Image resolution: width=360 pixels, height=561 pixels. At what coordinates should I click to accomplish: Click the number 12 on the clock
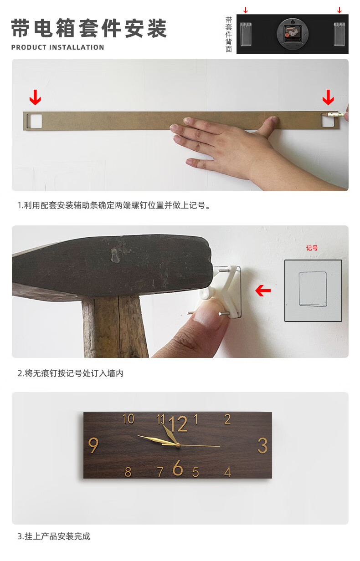178,424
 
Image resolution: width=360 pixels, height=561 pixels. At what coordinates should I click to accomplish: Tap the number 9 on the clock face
93,445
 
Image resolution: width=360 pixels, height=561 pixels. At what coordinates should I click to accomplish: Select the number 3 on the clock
262,445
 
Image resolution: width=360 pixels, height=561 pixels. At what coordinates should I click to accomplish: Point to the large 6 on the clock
178,467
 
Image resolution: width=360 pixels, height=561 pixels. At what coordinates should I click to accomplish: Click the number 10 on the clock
129,419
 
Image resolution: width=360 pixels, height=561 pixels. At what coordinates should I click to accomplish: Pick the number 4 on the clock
227,472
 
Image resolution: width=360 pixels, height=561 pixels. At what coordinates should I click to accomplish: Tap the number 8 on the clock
128,472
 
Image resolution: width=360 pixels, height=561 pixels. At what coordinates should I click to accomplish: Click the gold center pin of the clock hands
177,445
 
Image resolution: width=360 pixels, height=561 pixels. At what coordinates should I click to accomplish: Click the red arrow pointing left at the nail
263,291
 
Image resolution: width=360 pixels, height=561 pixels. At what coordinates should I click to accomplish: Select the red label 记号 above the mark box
312,248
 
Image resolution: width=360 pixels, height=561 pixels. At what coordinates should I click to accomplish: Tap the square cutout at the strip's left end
34,121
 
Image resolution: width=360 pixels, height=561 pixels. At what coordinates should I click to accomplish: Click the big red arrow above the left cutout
35,97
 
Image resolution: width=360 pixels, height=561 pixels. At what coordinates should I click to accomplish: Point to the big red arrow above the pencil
328,97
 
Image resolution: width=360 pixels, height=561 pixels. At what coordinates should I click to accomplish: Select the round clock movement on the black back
292,33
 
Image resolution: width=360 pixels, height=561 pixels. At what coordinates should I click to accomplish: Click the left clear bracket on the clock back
246,34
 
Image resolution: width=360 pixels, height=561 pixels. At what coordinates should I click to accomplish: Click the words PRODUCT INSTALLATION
58,47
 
